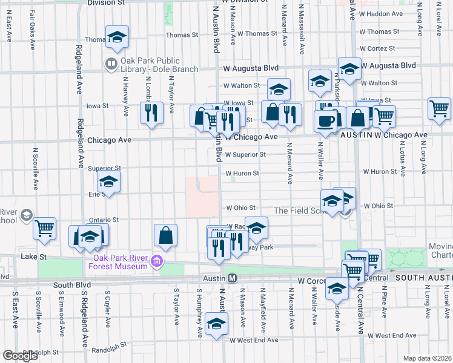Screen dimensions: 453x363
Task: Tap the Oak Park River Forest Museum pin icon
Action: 157,261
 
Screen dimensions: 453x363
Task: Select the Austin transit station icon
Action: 232,277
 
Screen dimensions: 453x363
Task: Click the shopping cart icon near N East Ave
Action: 45,228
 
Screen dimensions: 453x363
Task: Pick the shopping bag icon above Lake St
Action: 165,235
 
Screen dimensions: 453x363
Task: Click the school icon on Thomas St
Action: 117,37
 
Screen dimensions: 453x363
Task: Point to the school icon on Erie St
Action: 109,181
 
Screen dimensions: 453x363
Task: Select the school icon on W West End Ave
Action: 216,324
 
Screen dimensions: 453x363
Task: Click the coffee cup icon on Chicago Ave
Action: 325,120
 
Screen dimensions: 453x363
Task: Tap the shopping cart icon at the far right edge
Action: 439,109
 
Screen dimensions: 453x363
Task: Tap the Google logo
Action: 21,356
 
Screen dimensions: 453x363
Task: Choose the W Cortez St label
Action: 374,48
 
